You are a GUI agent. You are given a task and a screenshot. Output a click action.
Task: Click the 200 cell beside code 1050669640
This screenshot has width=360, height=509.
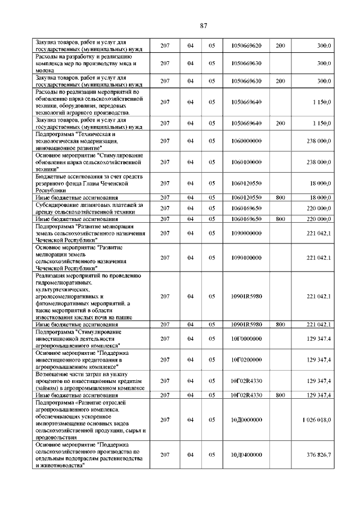click(x=280, y=123)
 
